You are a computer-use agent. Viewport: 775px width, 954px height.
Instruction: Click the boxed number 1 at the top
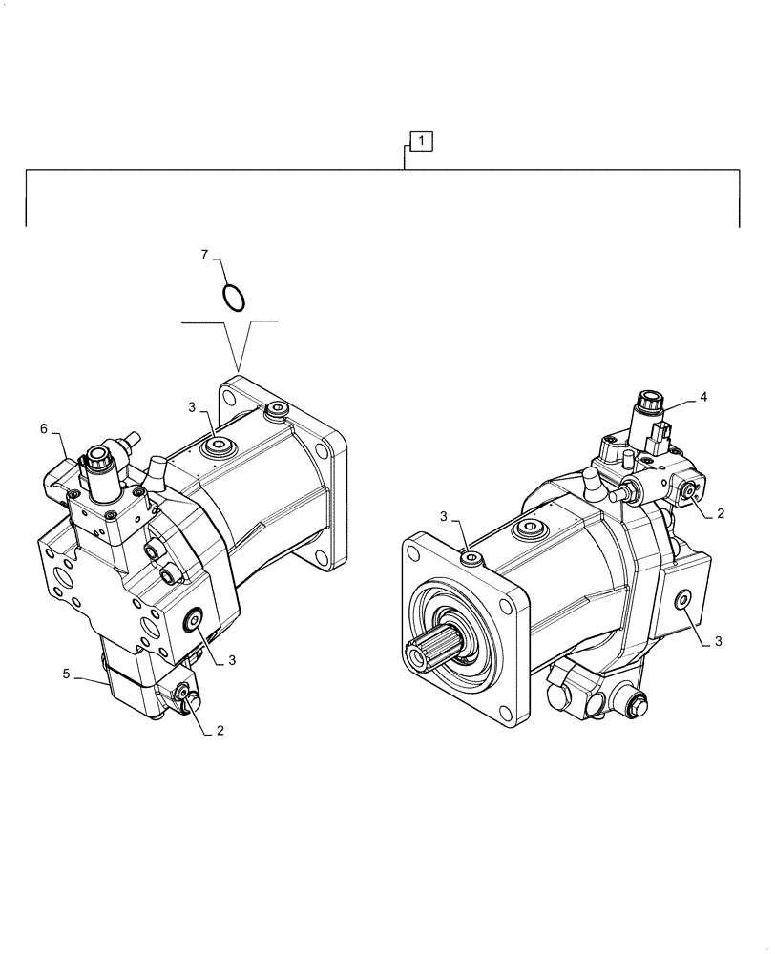[422, 141]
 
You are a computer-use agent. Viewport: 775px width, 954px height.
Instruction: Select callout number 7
[203, 255]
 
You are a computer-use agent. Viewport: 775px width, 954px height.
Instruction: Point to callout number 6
[43, 430]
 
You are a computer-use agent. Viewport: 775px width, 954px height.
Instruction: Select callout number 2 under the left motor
[220, 731]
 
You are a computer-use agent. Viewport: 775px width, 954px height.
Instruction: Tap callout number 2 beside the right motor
[721, 512]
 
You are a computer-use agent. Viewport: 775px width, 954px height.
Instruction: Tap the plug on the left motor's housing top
[218, 444]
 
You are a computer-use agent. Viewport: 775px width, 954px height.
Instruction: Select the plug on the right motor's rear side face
[683, 599]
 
